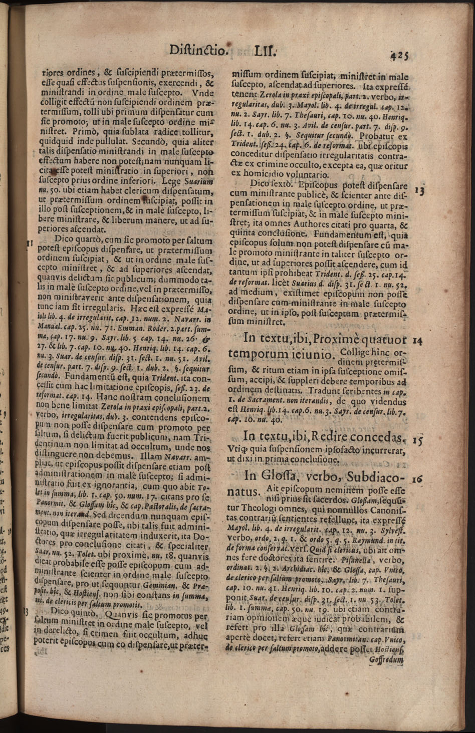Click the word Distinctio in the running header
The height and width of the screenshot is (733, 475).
pos(198,51)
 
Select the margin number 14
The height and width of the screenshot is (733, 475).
pos(417,341)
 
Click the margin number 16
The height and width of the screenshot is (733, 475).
pos(417,479)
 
